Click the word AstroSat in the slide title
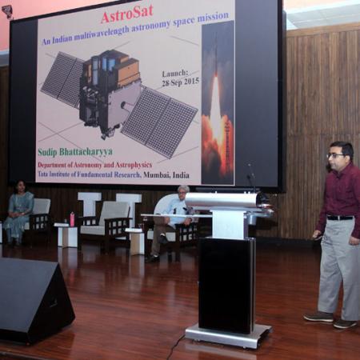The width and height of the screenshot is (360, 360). point(127,17)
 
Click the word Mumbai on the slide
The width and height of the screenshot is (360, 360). point(157,174)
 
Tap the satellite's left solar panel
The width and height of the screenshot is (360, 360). point(64,78)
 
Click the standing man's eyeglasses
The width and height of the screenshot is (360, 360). point(336,155)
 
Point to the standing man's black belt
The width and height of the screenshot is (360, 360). point(339,217)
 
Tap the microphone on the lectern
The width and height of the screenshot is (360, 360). point(252,181)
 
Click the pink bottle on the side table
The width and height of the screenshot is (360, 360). point(71,218)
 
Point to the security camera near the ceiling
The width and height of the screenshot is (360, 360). point(7,10)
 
